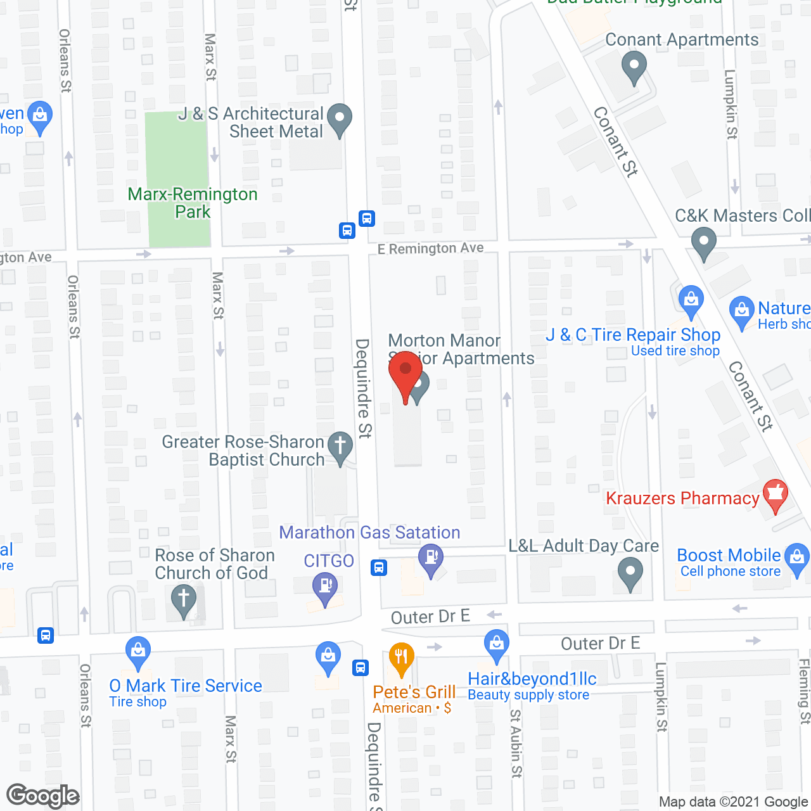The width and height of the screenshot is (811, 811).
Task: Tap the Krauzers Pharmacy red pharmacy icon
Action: click(775, 495)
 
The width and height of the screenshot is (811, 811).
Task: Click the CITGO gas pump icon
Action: click(325, 586)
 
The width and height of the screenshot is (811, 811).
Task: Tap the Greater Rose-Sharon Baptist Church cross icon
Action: click(340, 446)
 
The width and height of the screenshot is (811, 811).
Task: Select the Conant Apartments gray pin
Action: click(634, 66)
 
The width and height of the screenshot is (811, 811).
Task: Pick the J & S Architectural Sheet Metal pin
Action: click(340, 118)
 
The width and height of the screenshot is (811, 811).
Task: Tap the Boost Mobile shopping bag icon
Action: click(797, 558)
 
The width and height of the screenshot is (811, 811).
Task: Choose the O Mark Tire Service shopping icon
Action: click(137, 651)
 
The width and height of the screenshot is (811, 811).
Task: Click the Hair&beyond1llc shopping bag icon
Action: click(497, 644)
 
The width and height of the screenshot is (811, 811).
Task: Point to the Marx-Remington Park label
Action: click(193, 203)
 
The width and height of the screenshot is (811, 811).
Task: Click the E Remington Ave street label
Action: click(431, 249)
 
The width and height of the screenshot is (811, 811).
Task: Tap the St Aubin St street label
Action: click(516, 743)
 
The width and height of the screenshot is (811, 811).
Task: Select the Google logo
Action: click(43, 796)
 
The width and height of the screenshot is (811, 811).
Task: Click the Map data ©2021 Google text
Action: click(733, 802)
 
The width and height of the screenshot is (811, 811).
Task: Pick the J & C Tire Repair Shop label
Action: click(633, 335)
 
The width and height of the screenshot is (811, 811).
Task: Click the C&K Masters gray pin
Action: click(703, 243)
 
